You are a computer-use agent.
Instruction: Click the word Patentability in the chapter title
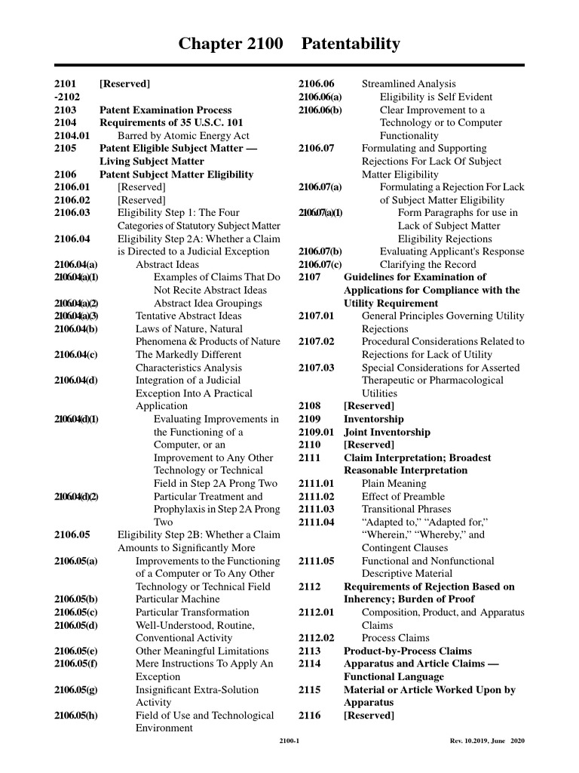(x=351, y=45)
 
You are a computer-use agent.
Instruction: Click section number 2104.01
(x=72, y=135)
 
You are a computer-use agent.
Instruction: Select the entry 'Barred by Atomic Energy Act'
(x=183, y=135)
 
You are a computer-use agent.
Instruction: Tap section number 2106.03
(x=72, y=213)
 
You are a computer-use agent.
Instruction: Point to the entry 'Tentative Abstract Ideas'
(x=188, y=316)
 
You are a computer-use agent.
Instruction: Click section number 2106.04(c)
(x=76, y=355)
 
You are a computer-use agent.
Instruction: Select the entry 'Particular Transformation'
(x=192, y=612)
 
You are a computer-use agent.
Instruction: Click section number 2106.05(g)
(x=76, y=689)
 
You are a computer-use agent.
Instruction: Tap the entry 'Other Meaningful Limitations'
(x=202, y=651)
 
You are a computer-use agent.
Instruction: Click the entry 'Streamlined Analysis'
(x=409, y=84)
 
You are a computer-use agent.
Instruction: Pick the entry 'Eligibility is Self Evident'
(x=436, y=97)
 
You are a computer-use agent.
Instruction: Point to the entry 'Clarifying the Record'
(x=427, y=264)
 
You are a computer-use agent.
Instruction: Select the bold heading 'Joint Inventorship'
(x=388, y=432)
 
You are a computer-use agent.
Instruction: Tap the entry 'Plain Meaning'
(x=393, y=483)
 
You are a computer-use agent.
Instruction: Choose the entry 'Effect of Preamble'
(x=403, y=496)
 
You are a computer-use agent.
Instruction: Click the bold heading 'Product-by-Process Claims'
(x=408, y=651)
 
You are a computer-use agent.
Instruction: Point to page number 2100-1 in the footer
(x=289, y=741)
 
